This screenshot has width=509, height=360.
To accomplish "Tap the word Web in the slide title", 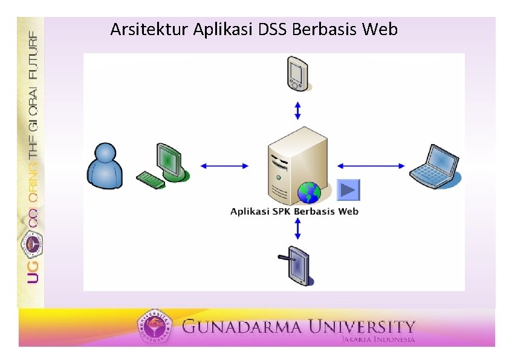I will [x=381, y=29].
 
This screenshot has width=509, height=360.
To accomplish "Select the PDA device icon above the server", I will [x=296, y=72].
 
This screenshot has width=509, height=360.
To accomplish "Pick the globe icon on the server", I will [x=309, y=192].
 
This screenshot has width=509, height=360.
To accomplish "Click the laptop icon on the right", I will [x=433, y=164].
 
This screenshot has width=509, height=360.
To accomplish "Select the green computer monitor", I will [x=169, y=160].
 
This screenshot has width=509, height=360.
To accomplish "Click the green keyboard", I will [x=151, y=180].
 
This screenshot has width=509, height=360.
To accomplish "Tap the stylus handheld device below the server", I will [x=298, y=265].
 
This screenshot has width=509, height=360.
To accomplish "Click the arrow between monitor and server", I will [x=224, y=166].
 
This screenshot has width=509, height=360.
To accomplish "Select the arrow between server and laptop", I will [x=371, y=166].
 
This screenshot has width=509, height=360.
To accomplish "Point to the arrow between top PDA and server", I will [x=297, y=111].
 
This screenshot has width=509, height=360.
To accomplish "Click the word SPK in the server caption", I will [x=282, y=211].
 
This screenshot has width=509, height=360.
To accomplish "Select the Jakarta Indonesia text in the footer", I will [x=378, y=339].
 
